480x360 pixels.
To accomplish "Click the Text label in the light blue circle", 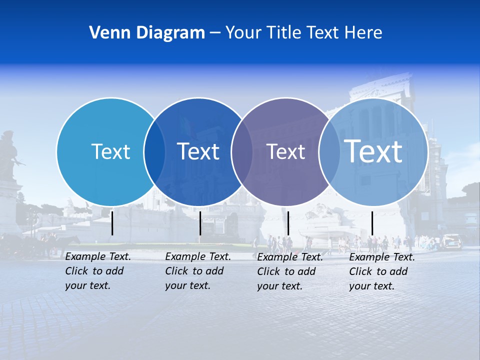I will pyautogui.click(x=110, y=151).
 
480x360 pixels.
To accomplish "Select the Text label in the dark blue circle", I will pyautogui.click(x=198, y=151).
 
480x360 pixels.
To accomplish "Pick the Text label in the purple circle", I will pyautogui.click(x=285, y=151).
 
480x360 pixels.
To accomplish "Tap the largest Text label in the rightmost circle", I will pyautogui.click(x=373, y=151).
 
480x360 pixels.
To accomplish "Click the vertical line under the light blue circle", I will pyautogui.click(x=112, y=223).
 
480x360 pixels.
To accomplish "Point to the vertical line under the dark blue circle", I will pyautogui.click(x=200, y=223).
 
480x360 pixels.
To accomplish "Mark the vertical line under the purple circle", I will pyautogui.click(x=288, y=223).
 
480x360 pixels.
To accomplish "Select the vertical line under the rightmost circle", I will pyautogui.click(x=372, y=223).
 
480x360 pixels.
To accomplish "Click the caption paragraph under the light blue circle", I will pyautogui.click(x=98, y=271).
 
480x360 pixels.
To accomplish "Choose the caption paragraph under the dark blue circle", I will pyautogui.click(x=198, y=271).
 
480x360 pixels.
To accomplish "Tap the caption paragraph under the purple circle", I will pyautogui.click(x=290, y=271).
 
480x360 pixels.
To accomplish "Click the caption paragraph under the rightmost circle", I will pyautogui.click(x=382, y=271).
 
